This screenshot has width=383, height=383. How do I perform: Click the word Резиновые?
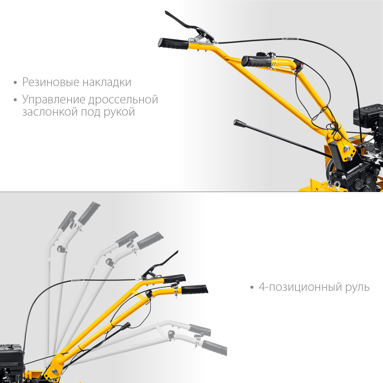pos(51,82)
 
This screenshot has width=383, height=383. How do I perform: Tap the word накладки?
pos(107,82)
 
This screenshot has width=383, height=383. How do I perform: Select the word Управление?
pos(54,100)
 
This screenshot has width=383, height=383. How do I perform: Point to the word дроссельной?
pos(123,100)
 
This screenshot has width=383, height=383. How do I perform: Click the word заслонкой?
pos(50,112)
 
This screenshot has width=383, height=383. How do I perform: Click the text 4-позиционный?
pos(300,287)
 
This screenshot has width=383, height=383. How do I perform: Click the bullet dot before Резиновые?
pos(15,83)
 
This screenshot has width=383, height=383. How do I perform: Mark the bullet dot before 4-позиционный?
pos(252,288)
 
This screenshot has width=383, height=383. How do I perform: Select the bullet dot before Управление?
pos(15,100)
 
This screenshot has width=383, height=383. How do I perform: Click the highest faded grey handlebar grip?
pos(89,213)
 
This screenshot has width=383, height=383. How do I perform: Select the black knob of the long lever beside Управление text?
pos(240,123)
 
